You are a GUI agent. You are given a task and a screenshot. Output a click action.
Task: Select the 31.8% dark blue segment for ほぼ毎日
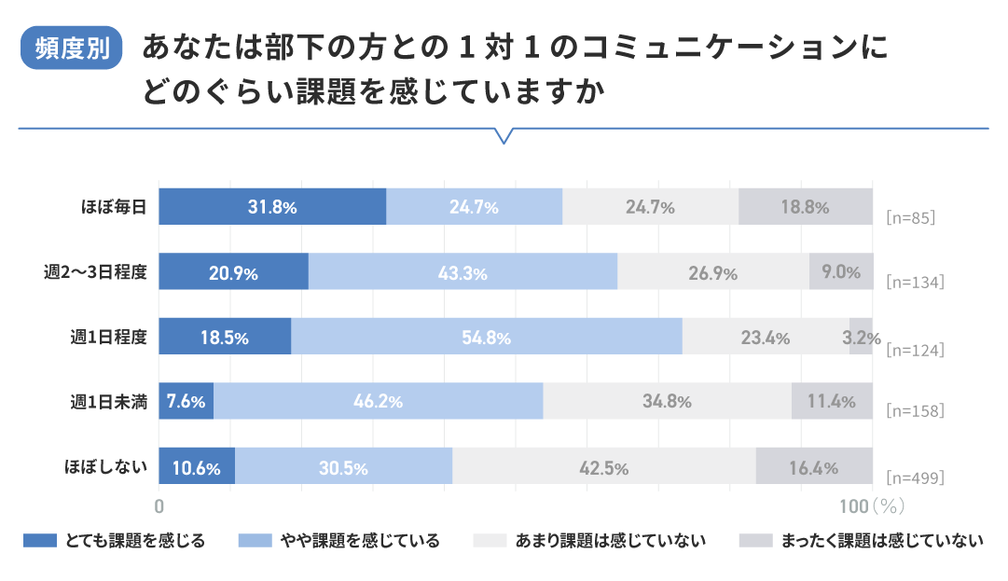click(x=272, y=207)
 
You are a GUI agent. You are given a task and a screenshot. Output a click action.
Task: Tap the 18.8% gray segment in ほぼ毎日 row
click(x=805, y=207)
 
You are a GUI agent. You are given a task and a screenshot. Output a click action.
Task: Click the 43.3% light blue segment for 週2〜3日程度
click(x=463, y=272)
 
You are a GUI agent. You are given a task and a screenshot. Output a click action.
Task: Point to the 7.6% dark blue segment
click(x=186, y=402)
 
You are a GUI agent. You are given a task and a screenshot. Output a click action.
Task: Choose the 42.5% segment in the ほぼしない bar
click(x=603, y=467)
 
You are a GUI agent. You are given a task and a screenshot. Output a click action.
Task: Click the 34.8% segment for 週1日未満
click(x=667, y=402)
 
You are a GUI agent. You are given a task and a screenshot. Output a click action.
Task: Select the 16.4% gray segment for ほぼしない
click(x=813, y=467)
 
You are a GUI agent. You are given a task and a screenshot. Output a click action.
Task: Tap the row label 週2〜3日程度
click(x=95, y=272)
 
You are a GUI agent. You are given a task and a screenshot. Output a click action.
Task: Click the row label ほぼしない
click(x=105, y=467)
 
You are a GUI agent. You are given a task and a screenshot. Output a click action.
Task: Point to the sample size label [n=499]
click(x=914, y=477)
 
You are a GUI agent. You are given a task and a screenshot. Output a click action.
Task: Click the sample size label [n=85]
click(x=909, y=217)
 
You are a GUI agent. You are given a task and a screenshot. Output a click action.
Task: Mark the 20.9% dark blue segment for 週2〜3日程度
click(x=233, y=272)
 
